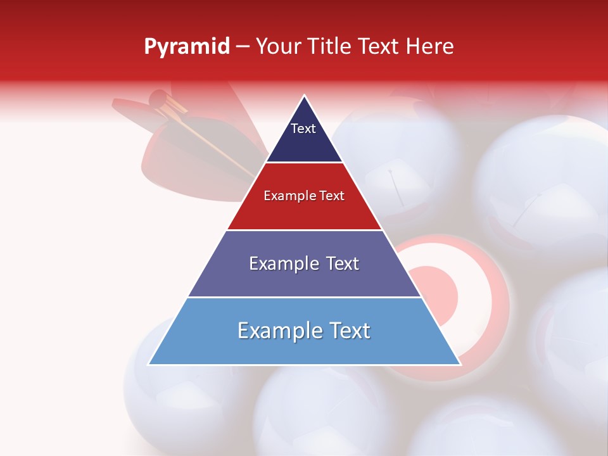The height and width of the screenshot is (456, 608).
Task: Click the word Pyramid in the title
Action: click(187, 47)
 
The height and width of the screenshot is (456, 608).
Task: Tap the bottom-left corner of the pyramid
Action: click(149, 364)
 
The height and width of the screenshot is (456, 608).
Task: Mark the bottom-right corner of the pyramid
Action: click(460, 364)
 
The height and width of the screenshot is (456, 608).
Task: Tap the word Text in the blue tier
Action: click(348, 331)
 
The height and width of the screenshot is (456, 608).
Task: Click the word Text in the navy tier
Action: click(303, 129)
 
